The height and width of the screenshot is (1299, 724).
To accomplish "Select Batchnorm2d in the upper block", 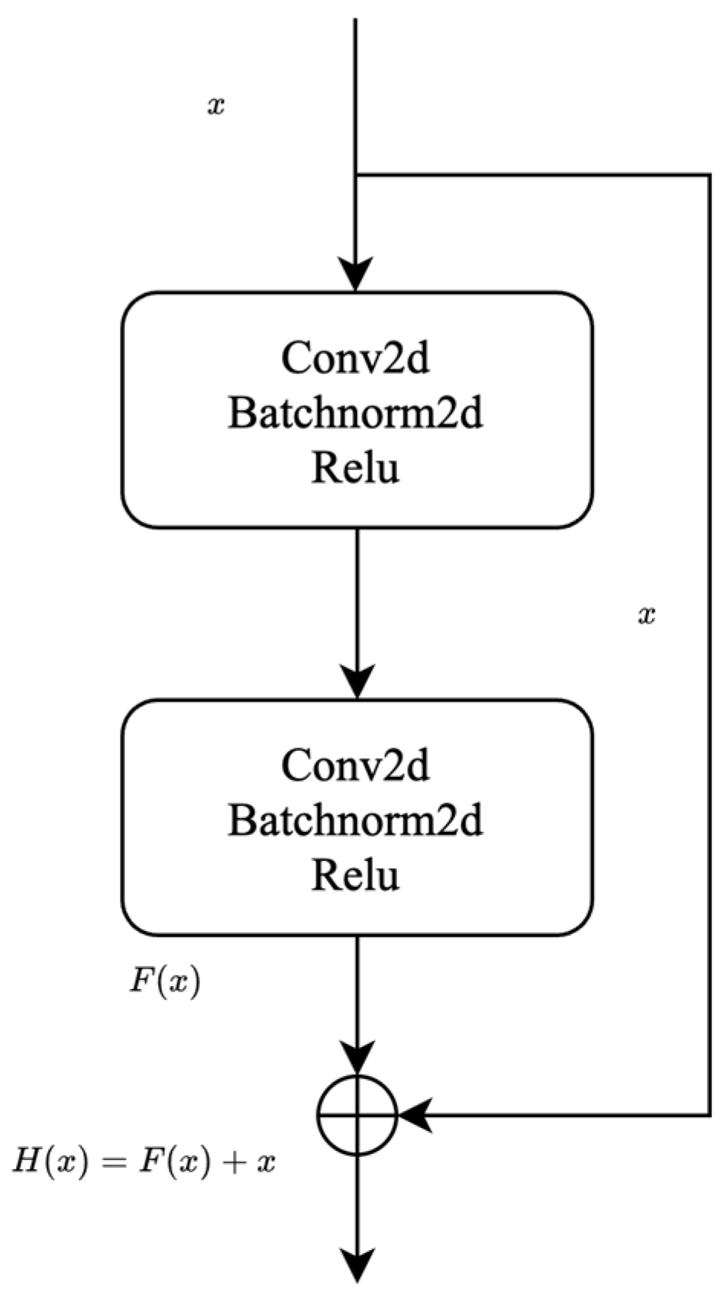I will [355, 414].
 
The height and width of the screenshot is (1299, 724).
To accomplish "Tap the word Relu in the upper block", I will [355, 467].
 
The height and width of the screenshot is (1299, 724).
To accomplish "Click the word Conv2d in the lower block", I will [355, 765].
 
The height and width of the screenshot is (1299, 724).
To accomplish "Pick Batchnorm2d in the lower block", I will [355, 821].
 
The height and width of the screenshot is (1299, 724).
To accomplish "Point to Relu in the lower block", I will [355, 875].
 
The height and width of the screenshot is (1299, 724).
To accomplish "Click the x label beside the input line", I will [216, 106].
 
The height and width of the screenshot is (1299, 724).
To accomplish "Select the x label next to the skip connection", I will [646, 615].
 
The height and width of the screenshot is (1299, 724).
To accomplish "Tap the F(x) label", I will [164, 982].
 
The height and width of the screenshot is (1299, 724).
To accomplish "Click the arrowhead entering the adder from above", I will [357, 1059].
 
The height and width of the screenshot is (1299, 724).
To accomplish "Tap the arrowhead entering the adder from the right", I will [415, 1115].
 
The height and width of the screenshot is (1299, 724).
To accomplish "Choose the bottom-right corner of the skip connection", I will [709, 1115].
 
